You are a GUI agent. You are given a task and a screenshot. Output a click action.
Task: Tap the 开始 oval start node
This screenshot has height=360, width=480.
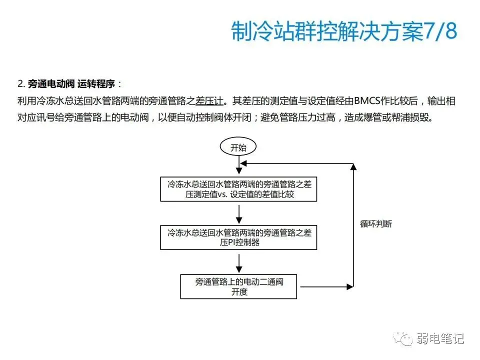(238, 147)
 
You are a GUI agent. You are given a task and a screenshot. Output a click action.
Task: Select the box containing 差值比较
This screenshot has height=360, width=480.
(238, 189)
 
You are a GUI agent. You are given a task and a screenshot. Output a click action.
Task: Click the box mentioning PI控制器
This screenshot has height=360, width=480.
(238, 237)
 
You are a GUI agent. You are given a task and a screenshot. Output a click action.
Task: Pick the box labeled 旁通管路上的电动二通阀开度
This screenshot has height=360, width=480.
(239, 286)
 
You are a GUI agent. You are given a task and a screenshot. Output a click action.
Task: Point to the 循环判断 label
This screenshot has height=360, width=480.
(375, 224)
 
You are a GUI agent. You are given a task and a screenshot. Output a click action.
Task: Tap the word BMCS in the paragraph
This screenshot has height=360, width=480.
(367, 101)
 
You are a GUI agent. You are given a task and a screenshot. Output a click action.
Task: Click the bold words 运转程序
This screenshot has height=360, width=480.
(96, 83)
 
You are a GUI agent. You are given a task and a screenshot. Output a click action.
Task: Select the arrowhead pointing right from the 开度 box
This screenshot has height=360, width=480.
(350, 286)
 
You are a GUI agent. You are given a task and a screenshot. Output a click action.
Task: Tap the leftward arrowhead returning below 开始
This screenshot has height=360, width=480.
(244, 163)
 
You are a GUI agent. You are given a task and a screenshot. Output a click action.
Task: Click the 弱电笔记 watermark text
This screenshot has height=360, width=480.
(440, 338)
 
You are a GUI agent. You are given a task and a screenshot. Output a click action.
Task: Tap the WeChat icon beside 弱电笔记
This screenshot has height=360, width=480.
(403, 338)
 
